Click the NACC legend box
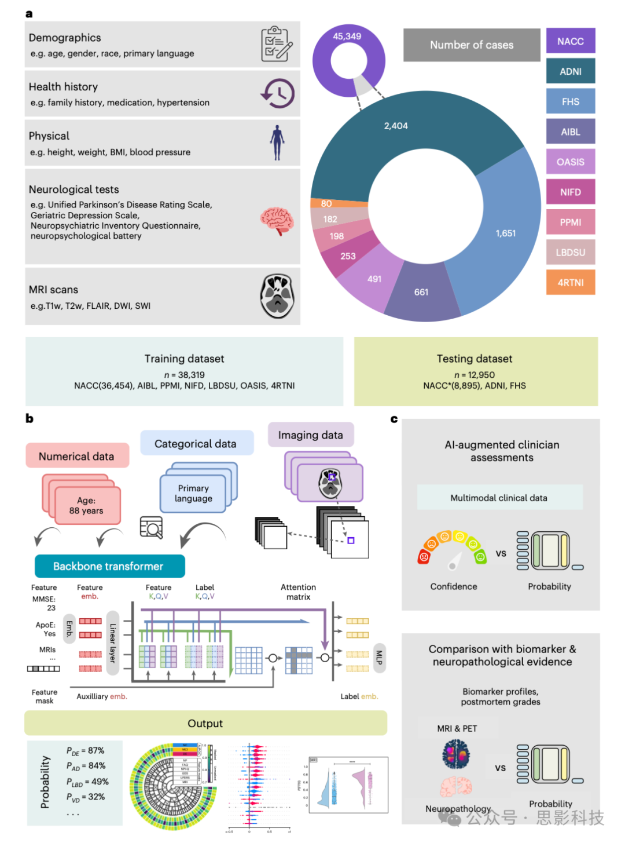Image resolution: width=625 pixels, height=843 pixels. tap(570, 41)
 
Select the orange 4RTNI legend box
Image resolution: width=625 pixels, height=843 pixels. tap(570, 283)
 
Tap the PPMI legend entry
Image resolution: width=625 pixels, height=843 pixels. tap(570, 222)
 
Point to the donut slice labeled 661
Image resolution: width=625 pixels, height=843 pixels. tap(421, 292)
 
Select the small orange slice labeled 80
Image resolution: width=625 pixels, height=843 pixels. tap(327, 203)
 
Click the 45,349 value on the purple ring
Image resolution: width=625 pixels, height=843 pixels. tap(347, 37)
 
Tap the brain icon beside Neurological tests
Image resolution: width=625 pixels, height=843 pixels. tap(277, 221)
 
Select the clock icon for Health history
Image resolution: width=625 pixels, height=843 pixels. tap(278, 93)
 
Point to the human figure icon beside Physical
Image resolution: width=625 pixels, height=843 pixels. tap(277, 143)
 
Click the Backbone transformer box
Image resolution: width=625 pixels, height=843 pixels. tap(109, 566)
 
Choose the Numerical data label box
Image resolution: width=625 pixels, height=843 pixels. tap(77, 456)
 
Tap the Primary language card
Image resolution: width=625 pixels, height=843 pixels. tap(193, 494)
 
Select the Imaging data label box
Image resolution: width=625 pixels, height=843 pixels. tap(311, 435)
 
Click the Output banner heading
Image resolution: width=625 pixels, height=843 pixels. tap(205, 723)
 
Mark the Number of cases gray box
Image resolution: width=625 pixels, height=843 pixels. tap(472, 45)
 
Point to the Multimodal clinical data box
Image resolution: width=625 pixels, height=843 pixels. tap(499, 498)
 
